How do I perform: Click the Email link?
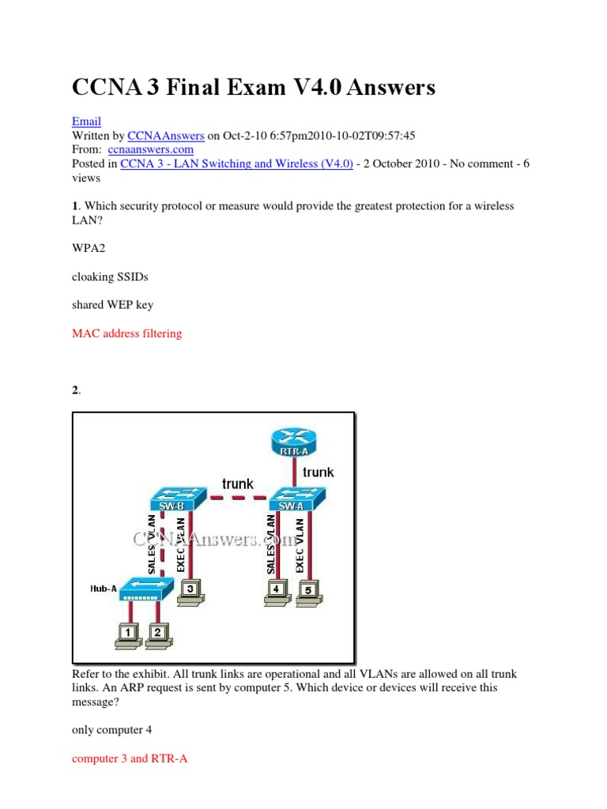86,121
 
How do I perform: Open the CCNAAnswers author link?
166,136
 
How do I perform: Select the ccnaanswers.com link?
151,149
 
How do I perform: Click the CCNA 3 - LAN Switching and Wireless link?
236,164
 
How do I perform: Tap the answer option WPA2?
89,248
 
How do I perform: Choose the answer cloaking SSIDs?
110,277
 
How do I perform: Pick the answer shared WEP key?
112,305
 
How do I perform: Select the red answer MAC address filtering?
127,333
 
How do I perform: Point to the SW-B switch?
178,499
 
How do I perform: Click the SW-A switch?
298,499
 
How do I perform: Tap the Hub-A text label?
104,589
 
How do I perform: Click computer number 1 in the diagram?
128,636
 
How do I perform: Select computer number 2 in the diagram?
158,636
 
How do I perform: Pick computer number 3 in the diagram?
191,592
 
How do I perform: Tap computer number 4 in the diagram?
277,592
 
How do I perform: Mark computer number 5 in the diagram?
309,593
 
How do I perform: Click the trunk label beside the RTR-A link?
318,472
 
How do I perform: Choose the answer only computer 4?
112,730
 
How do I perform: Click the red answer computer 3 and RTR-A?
130,758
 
